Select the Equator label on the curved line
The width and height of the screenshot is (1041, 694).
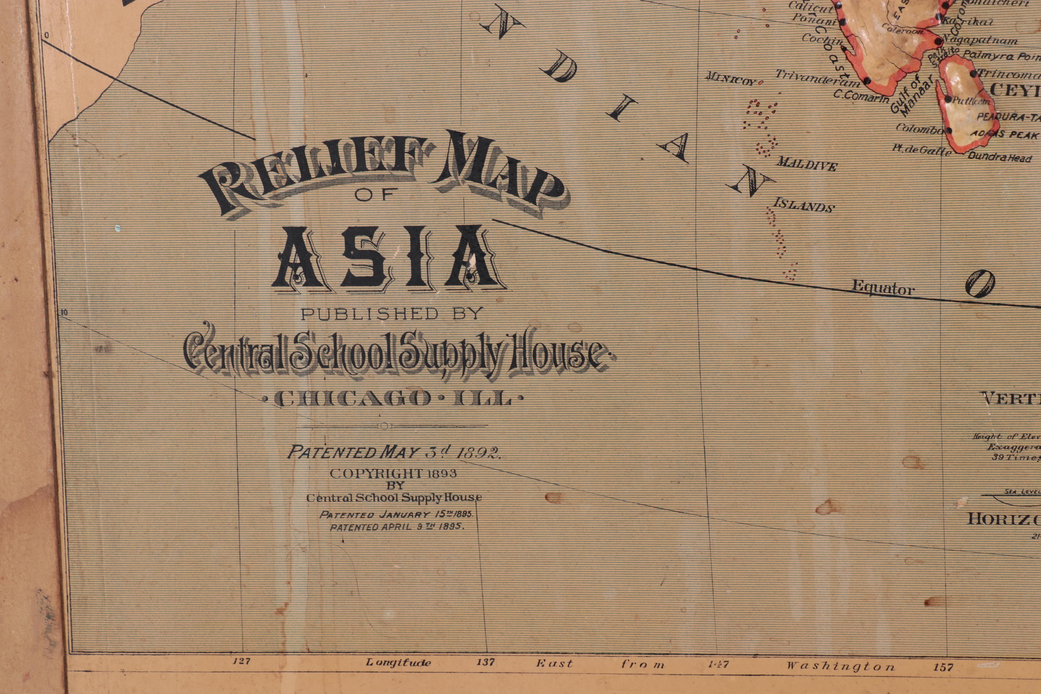pyautogui.click(x=883, y=288)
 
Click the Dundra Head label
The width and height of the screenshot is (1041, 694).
pyautogui.click(x=999, y=157)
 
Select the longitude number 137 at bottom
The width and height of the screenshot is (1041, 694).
pyautogui.click(x=485, y=663)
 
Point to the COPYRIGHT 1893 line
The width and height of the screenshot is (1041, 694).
pyautogui.click(x=393, y=473)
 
